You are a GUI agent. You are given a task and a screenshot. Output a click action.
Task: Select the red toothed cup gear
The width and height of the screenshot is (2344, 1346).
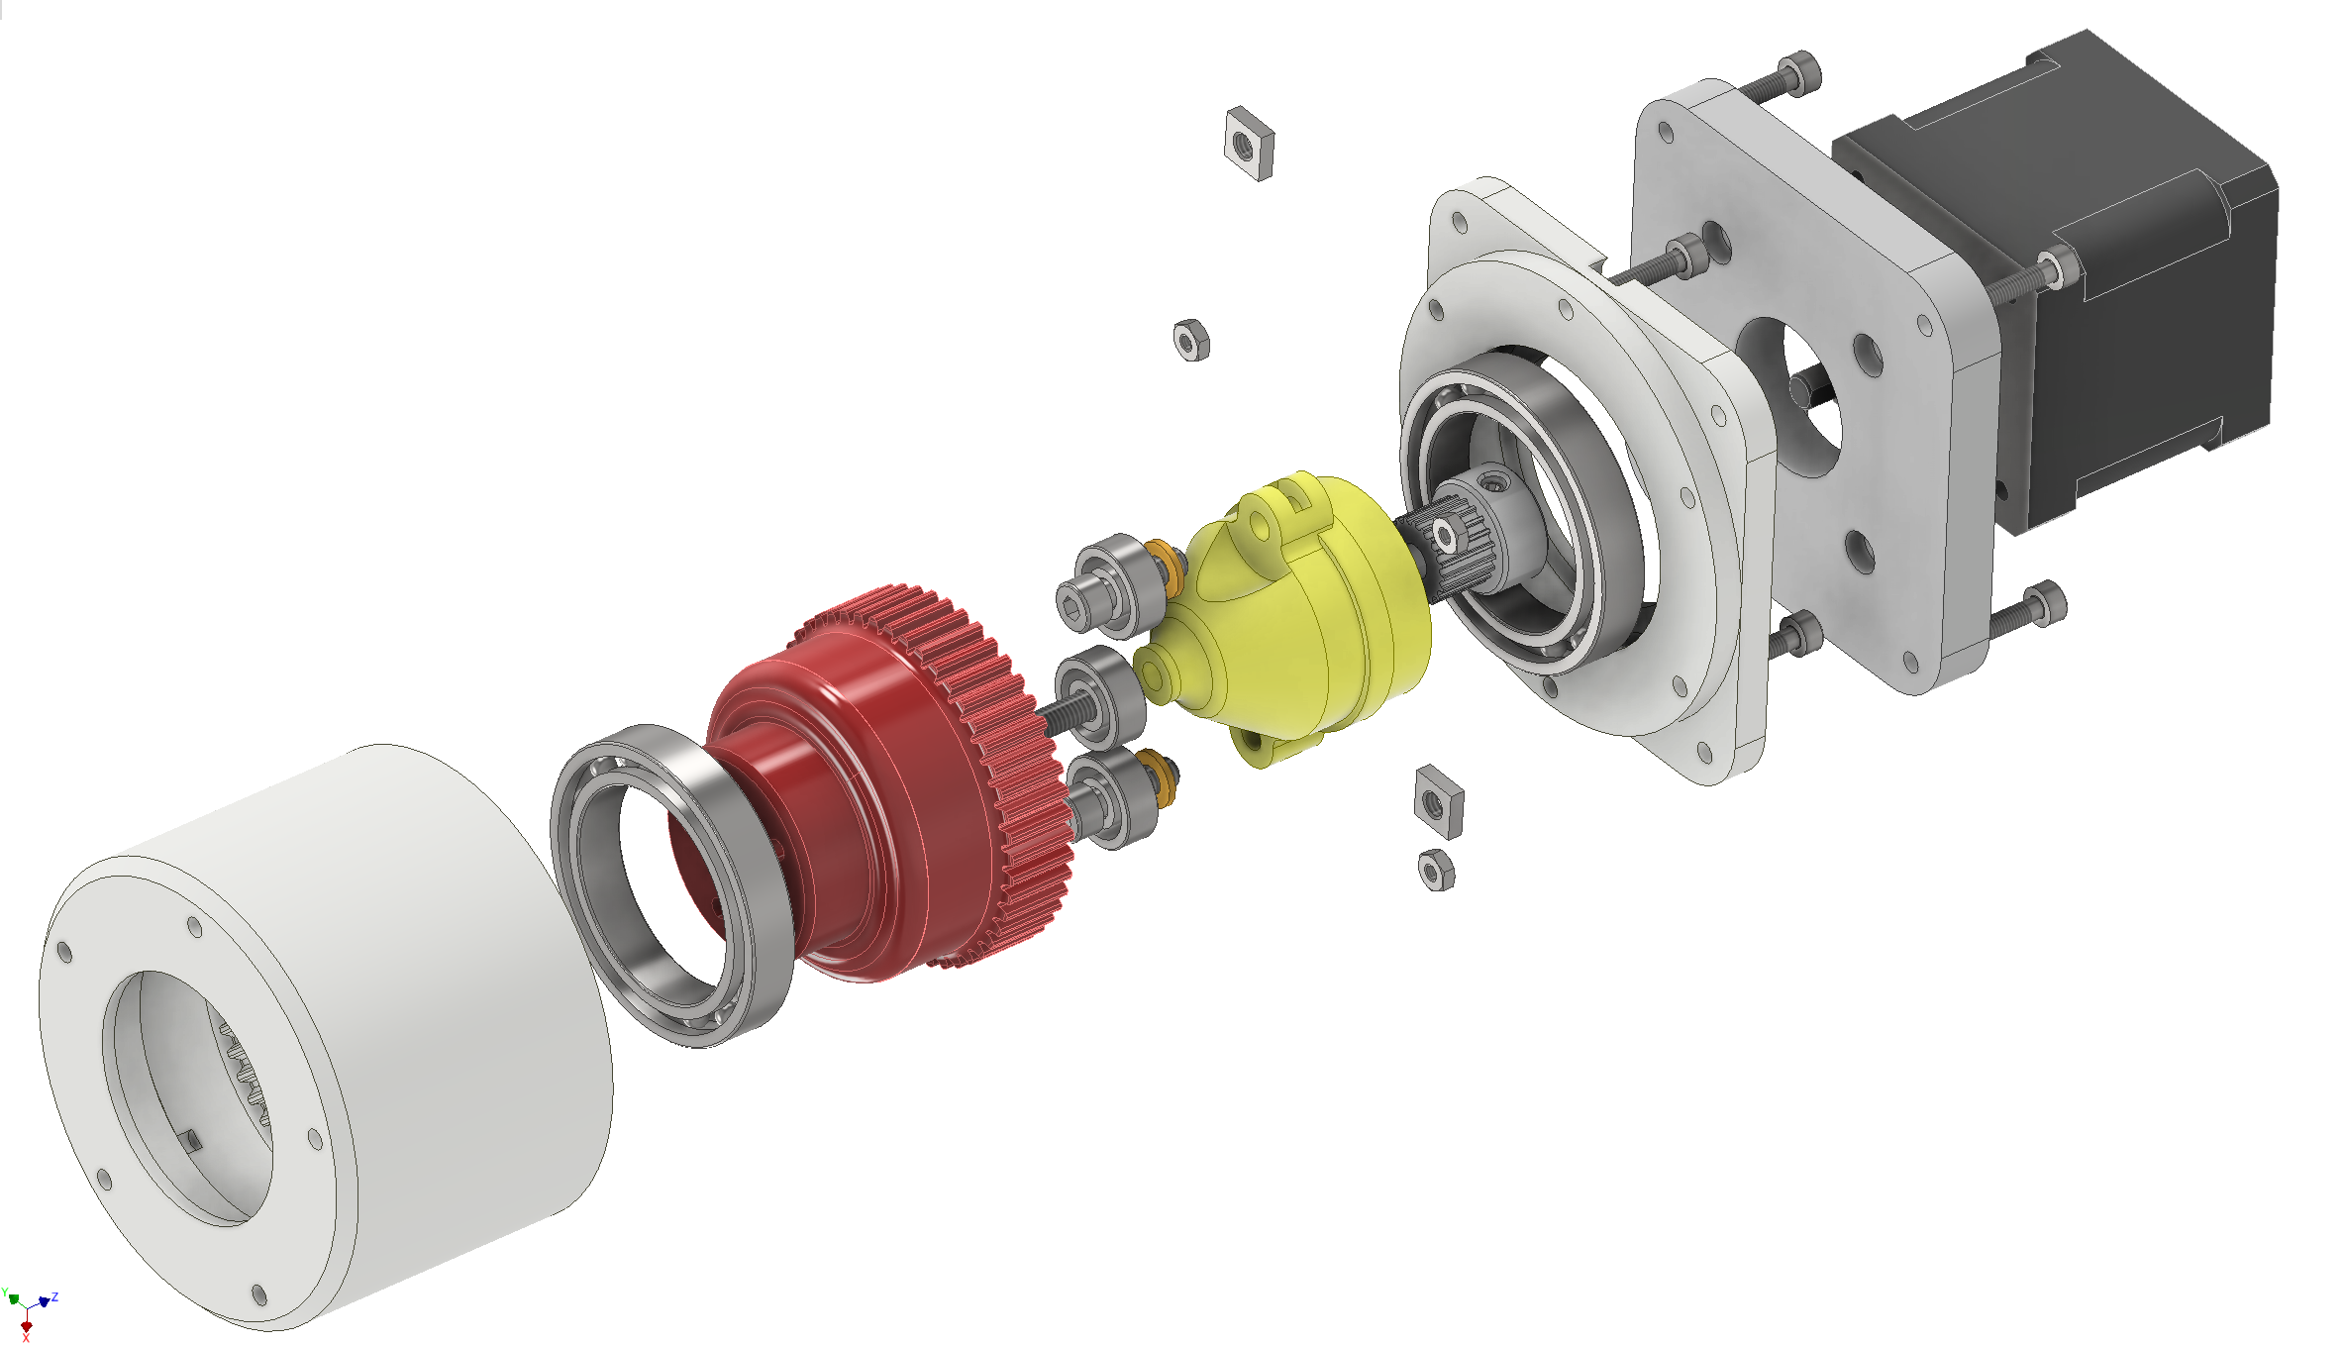coord(881,792)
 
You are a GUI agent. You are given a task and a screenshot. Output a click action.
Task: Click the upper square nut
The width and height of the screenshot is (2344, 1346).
coord(1249,144)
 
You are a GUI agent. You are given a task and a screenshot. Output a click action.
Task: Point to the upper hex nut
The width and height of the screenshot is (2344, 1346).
coord(1191,341)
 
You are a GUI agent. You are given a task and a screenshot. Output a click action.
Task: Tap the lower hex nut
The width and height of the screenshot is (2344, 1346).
coord(1436,871)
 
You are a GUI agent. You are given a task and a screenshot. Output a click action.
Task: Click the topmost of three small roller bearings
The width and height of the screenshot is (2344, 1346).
coord(1109,586)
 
